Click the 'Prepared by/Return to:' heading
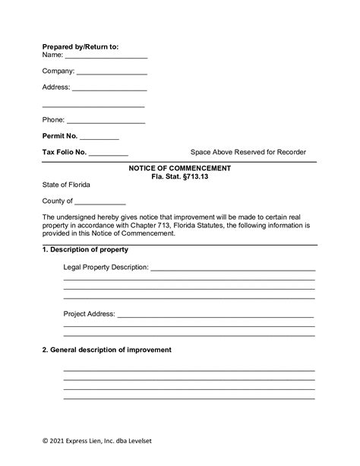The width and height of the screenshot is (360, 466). [x=81, y=46]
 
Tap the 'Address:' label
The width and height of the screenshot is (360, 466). [x=55, y=87]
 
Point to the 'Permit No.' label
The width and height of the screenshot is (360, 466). [x=60, y=136]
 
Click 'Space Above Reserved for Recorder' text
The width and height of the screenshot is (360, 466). [x=248, y=152]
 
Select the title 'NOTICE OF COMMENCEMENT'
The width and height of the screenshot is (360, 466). [x=180, y=167]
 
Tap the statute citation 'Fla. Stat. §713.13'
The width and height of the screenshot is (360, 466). [x=180, y=176]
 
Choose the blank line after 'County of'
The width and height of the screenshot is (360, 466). [x=100, y=202]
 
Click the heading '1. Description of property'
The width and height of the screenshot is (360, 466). [x=85, y=249]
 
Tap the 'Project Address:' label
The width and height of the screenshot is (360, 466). [x=89, y=313]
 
